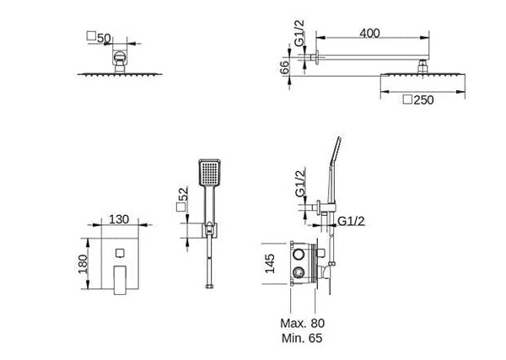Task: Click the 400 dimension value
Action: tap(369, 32)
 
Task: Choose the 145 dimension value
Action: tap(268, 263)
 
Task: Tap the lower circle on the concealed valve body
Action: tap(299, 272)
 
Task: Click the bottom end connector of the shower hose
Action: tap(207, 287)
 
